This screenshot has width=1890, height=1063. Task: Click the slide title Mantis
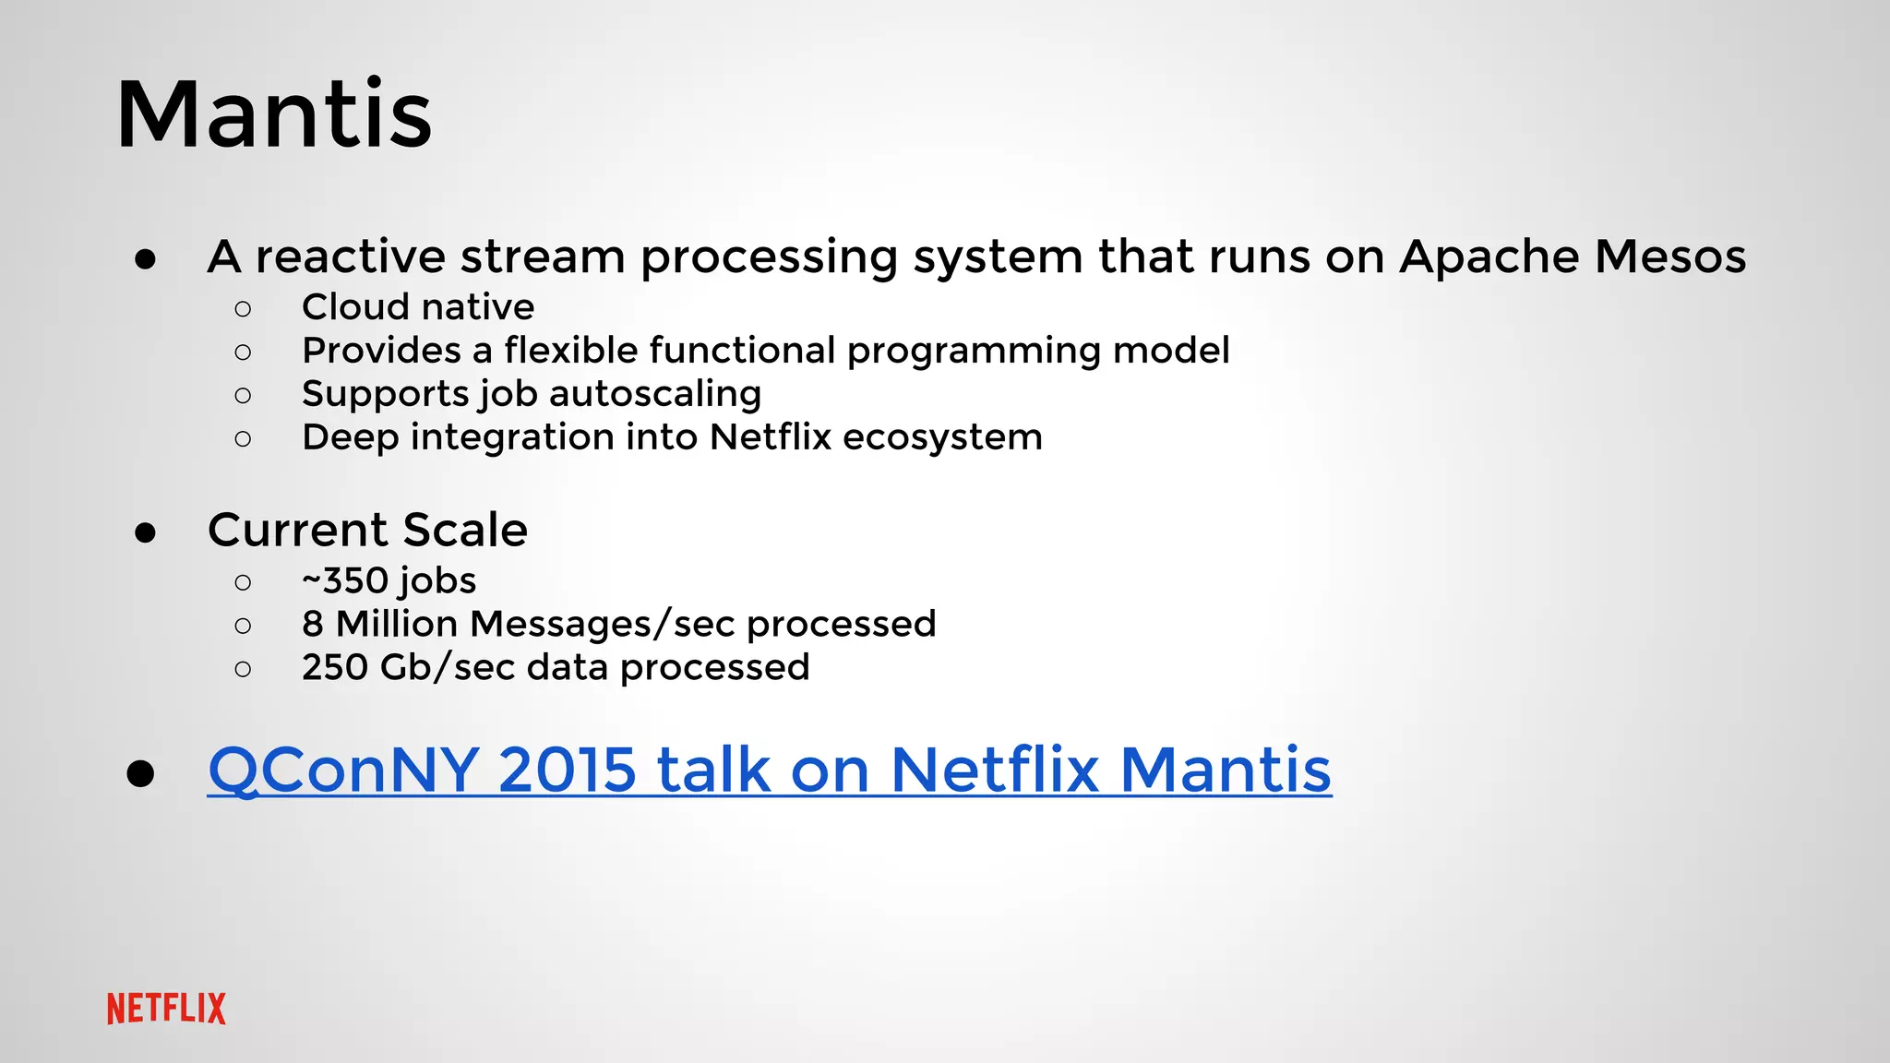click(x=274, y=115)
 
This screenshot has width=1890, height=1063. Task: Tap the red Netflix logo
click(x=166, y=1009)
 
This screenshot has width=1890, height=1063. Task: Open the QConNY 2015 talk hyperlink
click(x=769, y=769)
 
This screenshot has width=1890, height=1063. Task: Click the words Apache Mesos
click(x=1572, y=257)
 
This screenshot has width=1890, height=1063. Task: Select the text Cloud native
click(x=418, y=307)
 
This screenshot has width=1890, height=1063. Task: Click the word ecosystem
click(x=942, y=437)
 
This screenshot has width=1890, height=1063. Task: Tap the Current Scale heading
click(x=367, y=530)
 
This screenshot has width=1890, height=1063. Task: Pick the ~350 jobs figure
click(x=389, y=581)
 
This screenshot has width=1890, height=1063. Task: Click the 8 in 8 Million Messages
click(x=313, y=625)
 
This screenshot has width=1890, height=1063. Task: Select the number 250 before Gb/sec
click(x=335, y=668)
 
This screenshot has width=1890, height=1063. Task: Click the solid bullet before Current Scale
click(x=145, y=533)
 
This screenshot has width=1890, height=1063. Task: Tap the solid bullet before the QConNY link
click(x=140, y=774)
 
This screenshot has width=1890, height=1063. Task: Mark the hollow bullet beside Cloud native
click(x=243, y=309)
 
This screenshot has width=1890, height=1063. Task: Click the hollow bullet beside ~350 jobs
click(x=243, y=582)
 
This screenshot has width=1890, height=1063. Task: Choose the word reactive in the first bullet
click(x=350, y=257)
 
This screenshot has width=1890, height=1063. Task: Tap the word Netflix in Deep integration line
click(x=771, y=437)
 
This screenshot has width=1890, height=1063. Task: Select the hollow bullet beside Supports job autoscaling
click(x=243, y=396)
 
